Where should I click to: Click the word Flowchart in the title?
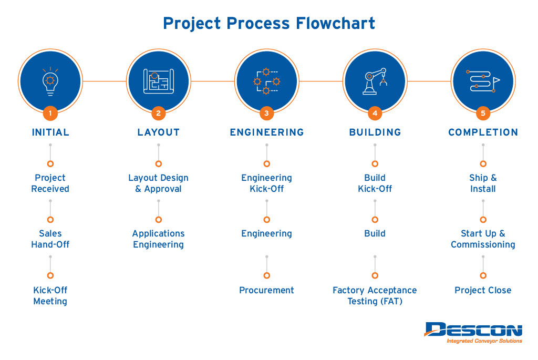click(x=335, y=23)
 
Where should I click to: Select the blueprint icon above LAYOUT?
click(x=159, y=81)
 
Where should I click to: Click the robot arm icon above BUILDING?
click(x=375, y=81)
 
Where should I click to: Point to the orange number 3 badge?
click(x=266, y=113)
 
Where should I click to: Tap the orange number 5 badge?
click(x=483, y=113)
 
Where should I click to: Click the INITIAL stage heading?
click(x=50, y=132)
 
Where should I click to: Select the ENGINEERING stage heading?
click(x=266, y=132)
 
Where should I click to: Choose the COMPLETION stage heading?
click(x=483, y=132)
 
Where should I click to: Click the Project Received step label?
click(x=50, y=183)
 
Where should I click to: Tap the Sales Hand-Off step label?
click(x=50, y=239)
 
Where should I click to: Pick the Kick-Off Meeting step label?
click(x=50, y=295)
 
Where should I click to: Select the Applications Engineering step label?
click(x=159, y=239)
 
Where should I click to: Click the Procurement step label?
click(x=266, y=290)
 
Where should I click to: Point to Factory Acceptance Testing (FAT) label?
click(x=375, y=295)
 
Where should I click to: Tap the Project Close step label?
click(x=483, y=290)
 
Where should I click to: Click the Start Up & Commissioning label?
click(x=483, y=239)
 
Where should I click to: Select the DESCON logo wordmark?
click(x=473, y=330)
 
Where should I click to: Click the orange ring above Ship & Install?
click(x=483, y=163)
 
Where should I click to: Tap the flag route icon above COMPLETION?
click(x=483, y=81)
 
